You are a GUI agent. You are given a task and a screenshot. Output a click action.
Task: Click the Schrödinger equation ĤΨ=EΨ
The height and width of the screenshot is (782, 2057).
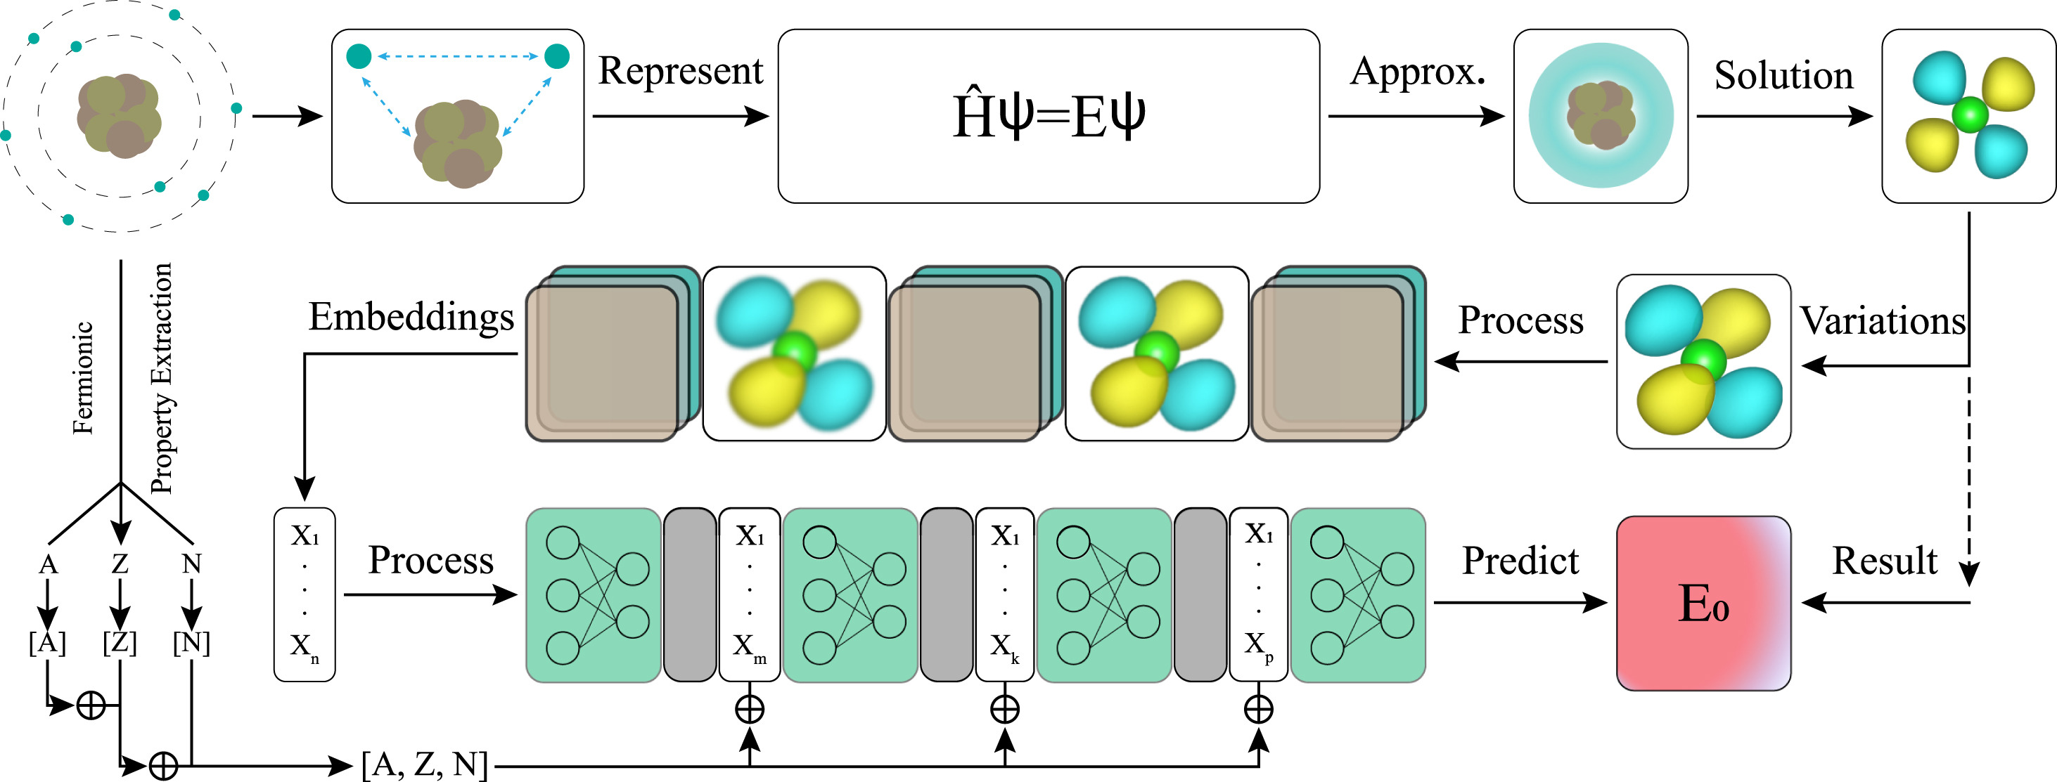(1049, 117)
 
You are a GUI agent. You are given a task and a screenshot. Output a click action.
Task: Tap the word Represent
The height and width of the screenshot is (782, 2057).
(680, 71)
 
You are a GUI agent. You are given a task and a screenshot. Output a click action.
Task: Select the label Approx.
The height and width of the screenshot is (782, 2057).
(1416, 72)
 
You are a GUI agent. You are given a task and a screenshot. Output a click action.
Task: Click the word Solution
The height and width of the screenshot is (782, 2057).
(1783, 76)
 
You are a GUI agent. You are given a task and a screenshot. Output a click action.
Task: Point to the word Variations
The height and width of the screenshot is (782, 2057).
(1882, 321)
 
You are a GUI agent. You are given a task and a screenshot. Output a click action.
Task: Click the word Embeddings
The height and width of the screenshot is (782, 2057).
(411, 317)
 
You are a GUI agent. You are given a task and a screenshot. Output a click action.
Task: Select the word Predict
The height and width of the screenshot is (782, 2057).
(1520, 561)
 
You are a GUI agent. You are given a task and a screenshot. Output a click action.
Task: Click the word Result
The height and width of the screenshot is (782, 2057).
(1884, 561)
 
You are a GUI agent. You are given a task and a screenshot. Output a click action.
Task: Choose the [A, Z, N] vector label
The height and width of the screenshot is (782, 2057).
(424, 764)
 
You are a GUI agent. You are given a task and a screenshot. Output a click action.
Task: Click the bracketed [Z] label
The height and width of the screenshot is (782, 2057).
(120, 642)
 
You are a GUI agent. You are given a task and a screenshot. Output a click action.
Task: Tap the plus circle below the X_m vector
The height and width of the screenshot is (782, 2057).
(749, 709)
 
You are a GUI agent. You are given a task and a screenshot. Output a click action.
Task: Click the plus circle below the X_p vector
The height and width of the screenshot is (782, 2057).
(1259, 709)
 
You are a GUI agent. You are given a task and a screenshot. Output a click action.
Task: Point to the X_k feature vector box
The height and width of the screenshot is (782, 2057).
(1004, 594)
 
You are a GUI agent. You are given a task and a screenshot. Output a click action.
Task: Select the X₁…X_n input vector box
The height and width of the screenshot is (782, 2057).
(305, 594)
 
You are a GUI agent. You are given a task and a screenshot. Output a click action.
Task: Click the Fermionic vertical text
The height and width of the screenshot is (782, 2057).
(83, 377)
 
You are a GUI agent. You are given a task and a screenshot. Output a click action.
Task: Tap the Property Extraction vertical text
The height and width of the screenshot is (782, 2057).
(161, 377)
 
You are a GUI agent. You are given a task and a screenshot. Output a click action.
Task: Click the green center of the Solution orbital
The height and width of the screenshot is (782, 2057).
(1969, 115)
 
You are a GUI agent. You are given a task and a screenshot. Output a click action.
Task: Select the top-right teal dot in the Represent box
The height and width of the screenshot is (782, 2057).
(556, 56)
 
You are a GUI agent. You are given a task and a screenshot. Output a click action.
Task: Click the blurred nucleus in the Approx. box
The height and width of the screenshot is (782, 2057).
(1601, 116)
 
